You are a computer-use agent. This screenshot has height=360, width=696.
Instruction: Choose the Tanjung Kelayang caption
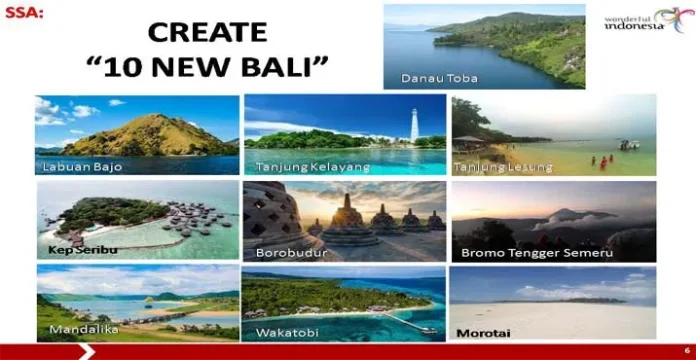(299, 166)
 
